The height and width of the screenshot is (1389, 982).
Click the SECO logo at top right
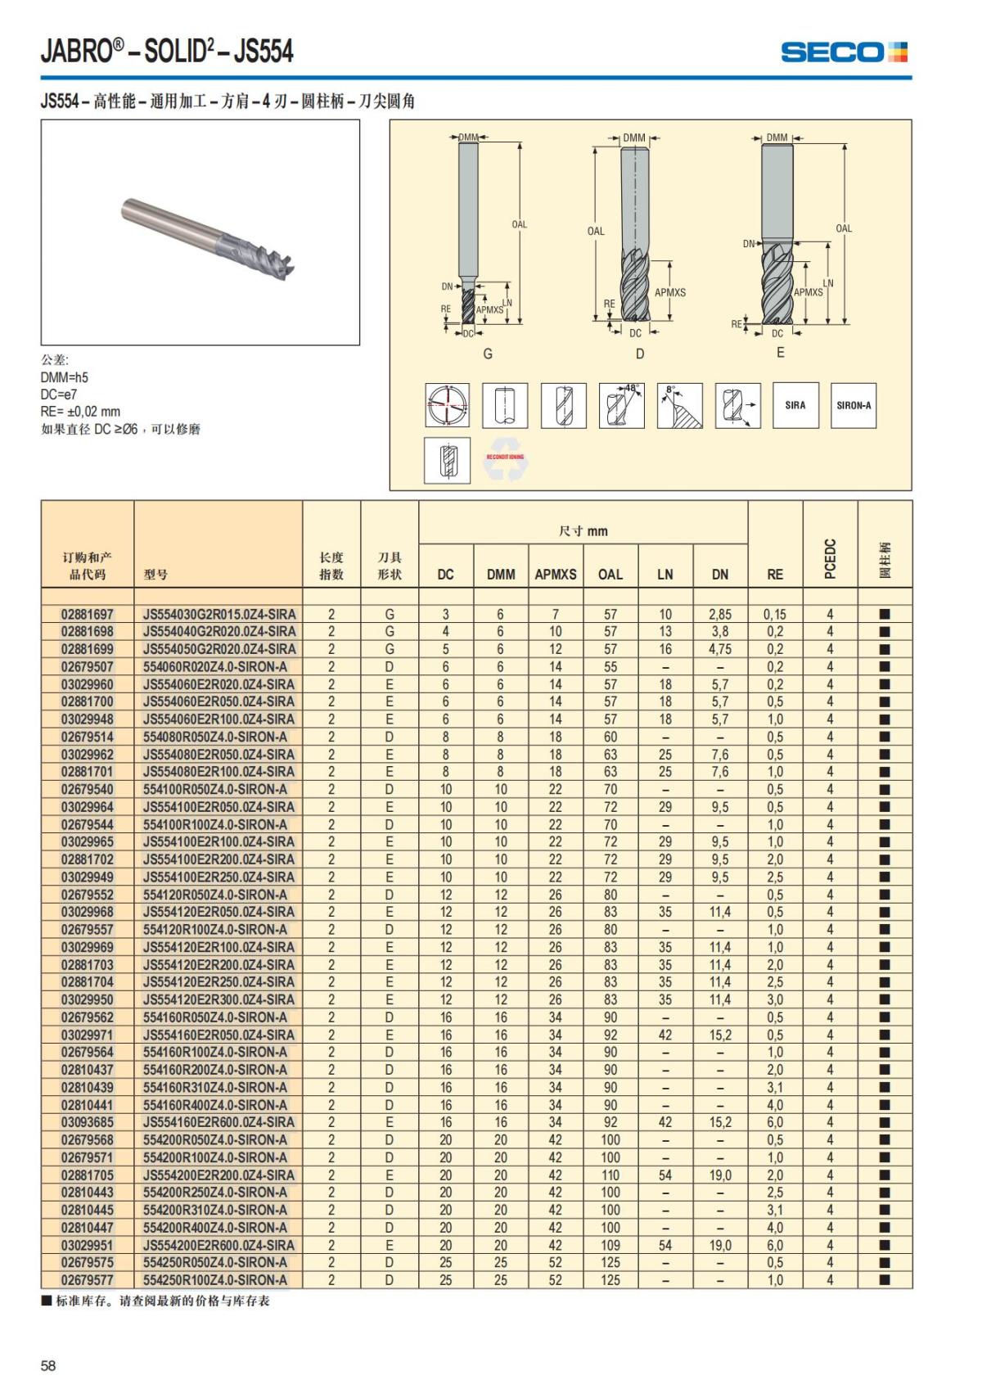tap(844, 52)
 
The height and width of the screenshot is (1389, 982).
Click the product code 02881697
tap(88, 614)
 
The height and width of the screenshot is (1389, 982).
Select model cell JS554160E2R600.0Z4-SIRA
tap(218, 1122)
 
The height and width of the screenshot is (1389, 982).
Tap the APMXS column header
tap(556, 575)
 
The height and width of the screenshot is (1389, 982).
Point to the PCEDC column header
tap(830, 558)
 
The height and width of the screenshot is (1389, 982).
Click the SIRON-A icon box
tap(854, 405)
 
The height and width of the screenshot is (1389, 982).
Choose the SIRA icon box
tap(795, 405)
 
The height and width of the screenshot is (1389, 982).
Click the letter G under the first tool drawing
tap(488, 354)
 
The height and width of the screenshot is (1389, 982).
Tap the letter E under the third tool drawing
tap(780, 352)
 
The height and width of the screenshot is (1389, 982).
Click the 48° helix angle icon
tap(622, 405)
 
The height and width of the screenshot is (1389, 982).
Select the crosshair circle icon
tap(448, 405)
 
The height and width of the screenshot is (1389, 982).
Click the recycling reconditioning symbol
tap(505, 460)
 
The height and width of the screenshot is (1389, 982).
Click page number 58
tap(48, 1365)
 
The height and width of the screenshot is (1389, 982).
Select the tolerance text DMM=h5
tap(65, 377)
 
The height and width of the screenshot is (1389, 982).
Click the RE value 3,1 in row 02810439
tap(774, 1087)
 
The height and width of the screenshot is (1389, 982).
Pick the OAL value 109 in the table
tap(610, 1245)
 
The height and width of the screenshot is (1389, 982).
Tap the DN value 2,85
tap(719, 614)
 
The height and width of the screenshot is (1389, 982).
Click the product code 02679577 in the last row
tap(88, 1280)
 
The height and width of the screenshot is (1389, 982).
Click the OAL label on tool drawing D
tap(596, 231)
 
